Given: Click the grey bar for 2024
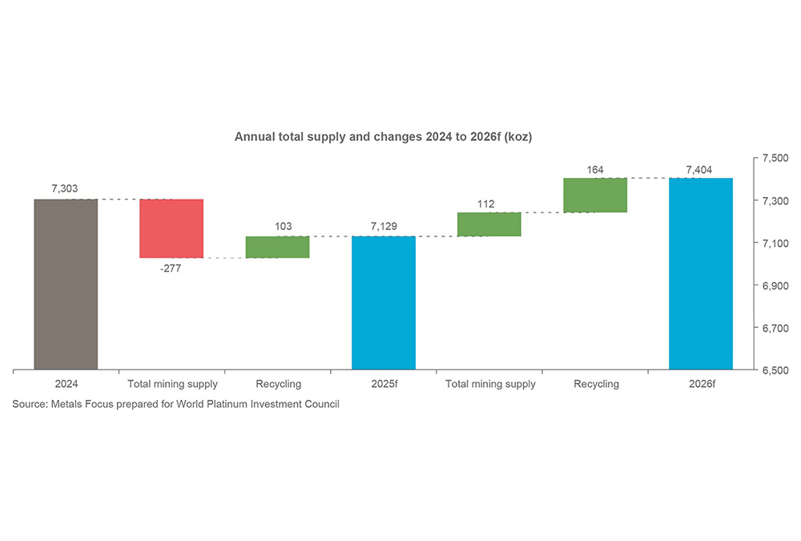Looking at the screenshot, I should (66, 285).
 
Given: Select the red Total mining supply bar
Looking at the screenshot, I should (171, 228).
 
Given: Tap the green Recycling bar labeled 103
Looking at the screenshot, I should (277, 247).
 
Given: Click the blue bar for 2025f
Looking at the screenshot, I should (384, 303).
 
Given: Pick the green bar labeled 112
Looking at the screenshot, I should (489, 224).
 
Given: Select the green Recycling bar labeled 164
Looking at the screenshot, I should (595, 196).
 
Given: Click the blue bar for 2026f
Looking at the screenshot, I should (701, 274).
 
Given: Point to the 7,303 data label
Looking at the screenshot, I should (66, 188).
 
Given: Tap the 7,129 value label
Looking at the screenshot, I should (384, 227).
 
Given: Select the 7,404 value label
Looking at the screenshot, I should (701, 169).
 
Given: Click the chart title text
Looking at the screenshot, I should (383, 137).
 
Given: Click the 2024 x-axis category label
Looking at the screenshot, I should (66, 385).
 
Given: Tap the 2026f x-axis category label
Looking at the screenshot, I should (701, 385).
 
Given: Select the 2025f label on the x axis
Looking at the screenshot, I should (384, 385).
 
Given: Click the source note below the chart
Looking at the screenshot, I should (175, 405).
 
